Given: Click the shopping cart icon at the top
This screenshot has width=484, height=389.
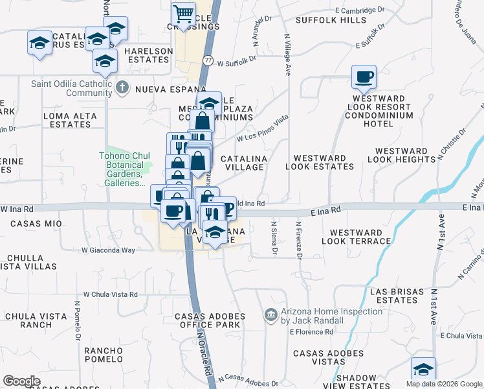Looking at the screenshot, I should (x=184, y=14).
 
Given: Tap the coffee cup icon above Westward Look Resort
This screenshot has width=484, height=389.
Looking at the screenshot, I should (x=364, y=78).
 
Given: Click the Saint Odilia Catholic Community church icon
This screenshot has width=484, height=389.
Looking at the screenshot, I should (x=122, y=86).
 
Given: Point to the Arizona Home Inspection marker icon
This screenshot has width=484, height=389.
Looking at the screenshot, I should (x=271, y=316).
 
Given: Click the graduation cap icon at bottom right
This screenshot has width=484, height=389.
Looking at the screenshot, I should (x=423, y=370).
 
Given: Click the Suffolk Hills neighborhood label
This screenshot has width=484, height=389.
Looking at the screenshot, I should (x=331, y=20).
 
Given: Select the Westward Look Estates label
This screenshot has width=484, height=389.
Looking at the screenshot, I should (x=324, y=162).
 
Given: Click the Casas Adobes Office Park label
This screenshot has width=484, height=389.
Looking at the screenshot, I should (x=210, y=320).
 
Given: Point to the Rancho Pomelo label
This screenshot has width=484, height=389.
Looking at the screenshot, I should (x=103, y=355).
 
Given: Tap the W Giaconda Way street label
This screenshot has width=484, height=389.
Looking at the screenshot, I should (x=108, y=250).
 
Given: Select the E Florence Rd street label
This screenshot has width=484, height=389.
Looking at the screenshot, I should (x=311, y=332).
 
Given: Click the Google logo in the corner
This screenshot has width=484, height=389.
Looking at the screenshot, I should (x=21, y=381).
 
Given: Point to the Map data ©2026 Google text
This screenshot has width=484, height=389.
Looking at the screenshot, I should (x=444, y=384).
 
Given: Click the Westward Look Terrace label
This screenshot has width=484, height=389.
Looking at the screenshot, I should (x=360, y=237).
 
